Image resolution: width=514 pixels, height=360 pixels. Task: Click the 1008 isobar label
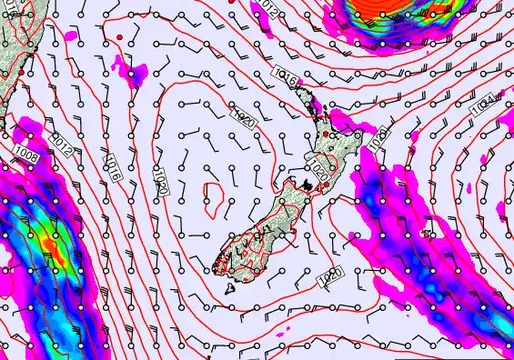pos(26,157)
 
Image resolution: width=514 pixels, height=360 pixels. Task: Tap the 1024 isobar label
pos(482,104)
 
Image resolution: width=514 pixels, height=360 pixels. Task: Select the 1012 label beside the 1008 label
pos(62,144)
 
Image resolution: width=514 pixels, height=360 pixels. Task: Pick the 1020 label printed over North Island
pos(318,169)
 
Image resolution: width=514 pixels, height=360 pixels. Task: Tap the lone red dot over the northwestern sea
pos(119,37)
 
